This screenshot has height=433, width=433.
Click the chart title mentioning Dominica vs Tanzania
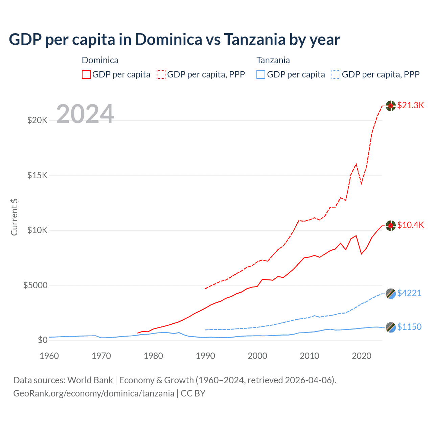174,40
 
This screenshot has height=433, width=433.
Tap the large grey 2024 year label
85,114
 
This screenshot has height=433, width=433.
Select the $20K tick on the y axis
37,120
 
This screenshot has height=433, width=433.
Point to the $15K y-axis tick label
37,175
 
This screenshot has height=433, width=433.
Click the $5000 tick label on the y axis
35,285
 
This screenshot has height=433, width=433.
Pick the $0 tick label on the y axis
42,340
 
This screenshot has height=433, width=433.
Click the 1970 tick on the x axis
101,356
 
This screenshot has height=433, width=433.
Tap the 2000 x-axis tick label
257,356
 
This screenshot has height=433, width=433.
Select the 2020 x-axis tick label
362,356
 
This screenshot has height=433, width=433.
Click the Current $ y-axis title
14,217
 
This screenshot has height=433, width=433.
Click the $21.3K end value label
410,105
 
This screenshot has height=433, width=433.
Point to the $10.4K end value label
410,225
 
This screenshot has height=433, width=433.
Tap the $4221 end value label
409,293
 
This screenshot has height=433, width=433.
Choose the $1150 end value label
409,327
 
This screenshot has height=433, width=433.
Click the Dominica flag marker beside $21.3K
391,106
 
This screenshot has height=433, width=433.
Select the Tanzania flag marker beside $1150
391,327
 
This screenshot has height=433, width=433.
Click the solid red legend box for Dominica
86,74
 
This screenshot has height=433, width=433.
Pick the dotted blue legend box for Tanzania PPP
336,74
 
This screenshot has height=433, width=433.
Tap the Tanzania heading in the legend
273,60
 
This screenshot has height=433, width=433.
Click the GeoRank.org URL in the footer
94,393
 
